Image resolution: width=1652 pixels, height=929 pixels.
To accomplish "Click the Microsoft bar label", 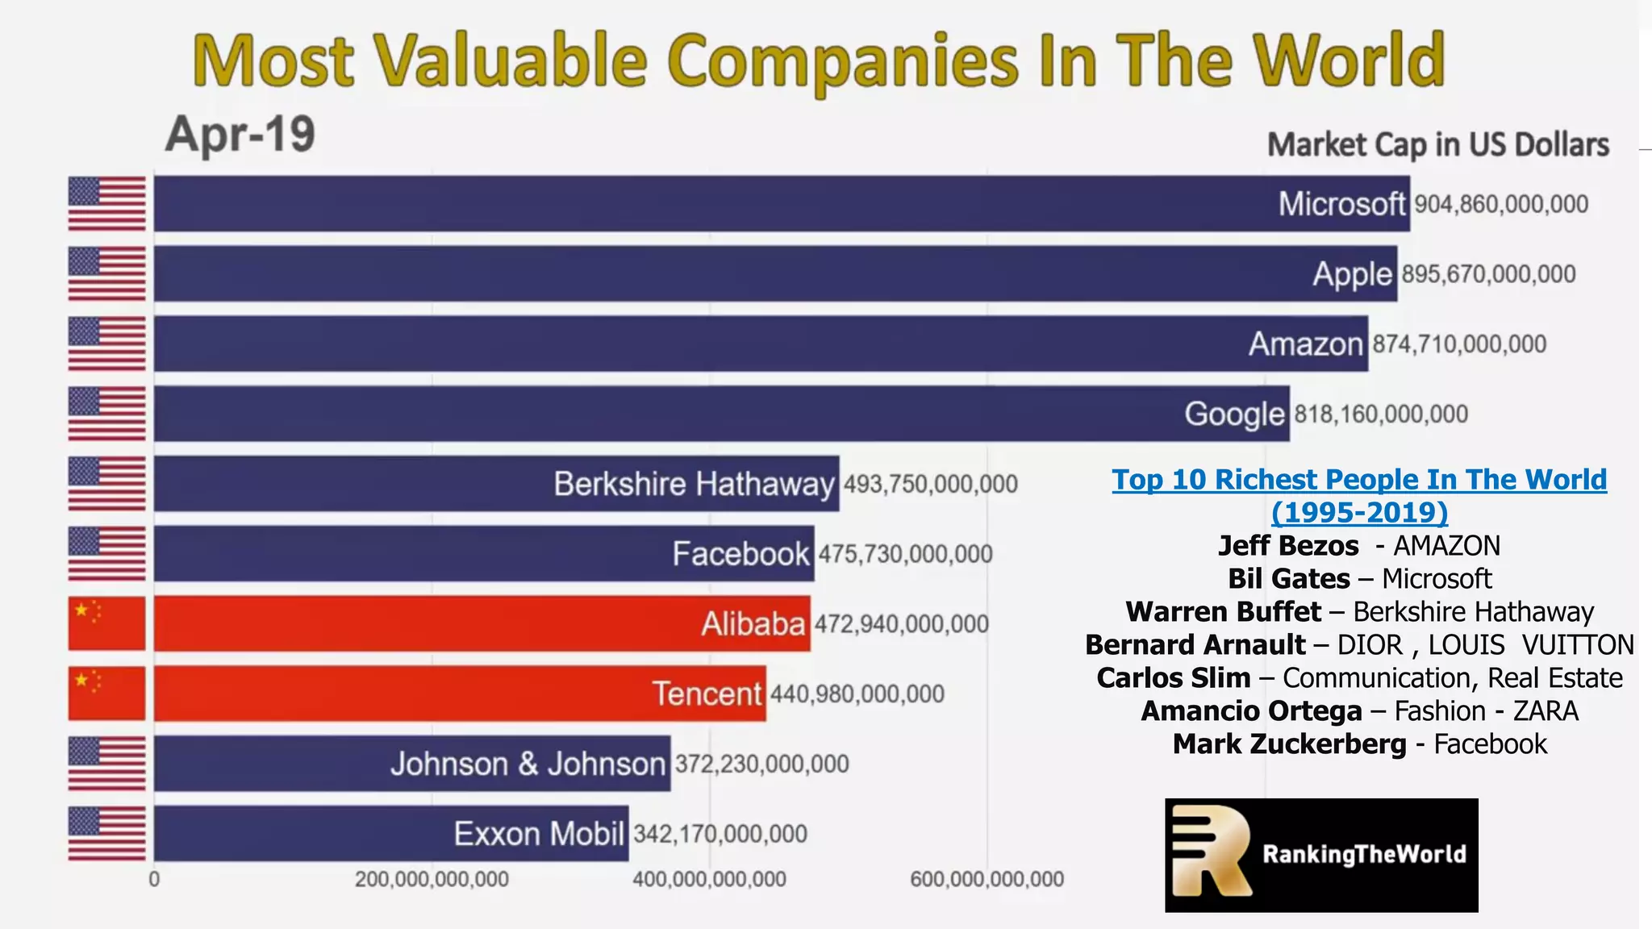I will (x=1341, y=204).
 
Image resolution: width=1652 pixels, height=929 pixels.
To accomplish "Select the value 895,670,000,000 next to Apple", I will (x=1488, y=274).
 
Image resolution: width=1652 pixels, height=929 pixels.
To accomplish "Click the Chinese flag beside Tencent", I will (x=106, y=694).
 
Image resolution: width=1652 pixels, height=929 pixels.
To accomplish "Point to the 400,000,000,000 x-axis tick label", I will (x=709, y=879).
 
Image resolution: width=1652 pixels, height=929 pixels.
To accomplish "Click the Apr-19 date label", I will (x=240, y=134).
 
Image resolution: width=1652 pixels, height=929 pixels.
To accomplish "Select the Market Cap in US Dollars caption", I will (x=1437, y=145).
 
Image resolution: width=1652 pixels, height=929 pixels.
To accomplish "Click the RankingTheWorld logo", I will (x=1321, y=855).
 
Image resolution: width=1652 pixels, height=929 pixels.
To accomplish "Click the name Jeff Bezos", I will (x=1288, y=546).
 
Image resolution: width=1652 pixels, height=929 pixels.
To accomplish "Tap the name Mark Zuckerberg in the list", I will (x=1289, y=744).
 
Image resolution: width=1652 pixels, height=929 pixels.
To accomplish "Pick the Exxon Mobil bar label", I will (x=539, y=834).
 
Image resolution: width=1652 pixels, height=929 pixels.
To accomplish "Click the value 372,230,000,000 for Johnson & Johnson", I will (x=761, y=764).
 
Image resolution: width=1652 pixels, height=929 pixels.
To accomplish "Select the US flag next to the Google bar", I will (x=106, y=414).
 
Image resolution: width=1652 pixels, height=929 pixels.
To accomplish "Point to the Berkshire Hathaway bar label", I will (x=694, y=484).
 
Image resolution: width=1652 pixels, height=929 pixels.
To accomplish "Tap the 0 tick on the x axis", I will (x=154, y=879).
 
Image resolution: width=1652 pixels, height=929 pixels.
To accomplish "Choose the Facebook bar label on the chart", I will (x=740, y=554).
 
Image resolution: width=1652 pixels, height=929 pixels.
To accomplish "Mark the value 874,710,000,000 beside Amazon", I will (x=1459, y=344).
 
